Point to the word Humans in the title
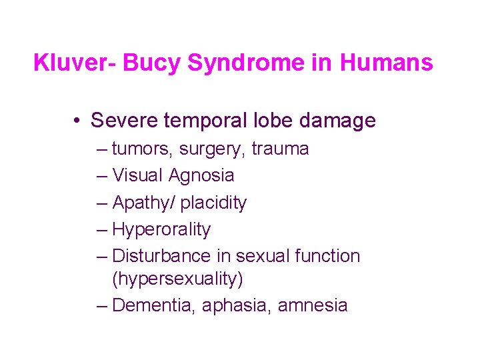(387, 63)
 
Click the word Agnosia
(201, 176)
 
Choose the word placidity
(213, 203)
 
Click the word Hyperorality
(161, 230)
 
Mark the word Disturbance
(162, 256)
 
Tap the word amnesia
(313, 305)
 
